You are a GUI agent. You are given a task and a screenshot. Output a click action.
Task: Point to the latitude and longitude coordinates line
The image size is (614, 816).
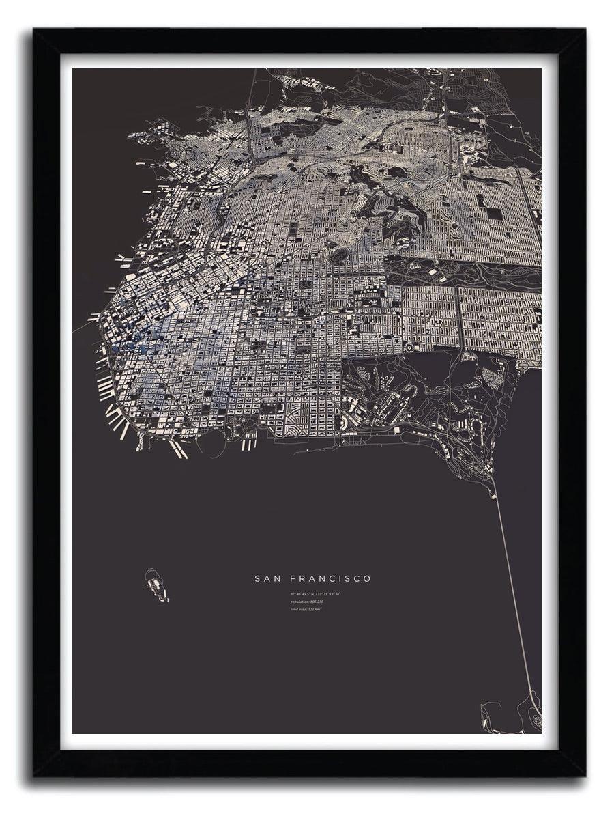tap(315, 593)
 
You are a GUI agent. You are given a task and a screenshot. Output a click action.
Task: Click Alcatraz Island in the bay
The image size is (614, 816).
tap(156, 586)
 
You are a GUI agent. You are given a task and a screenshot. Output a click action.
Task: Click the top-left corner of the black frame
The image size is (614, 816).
tap(34, 29)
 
